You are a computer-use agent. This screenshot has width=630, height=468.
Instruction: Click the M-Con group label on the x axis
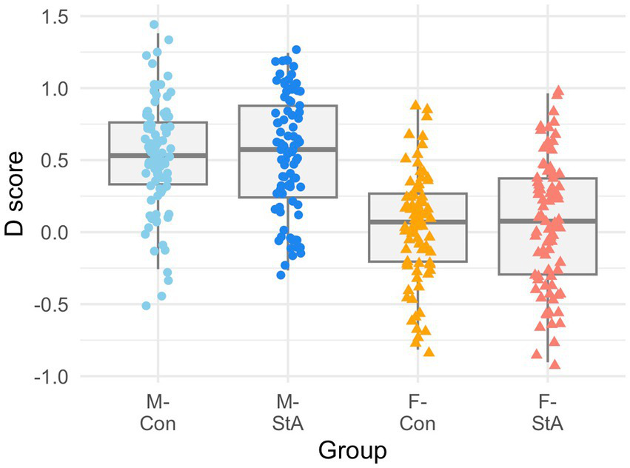pos(158,412)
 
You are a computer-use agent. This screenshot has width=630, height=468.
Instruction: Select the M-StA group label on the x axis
pos(288,412)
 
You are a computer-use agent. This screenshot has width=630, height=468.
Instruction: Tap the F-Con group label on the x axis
pos(418,412)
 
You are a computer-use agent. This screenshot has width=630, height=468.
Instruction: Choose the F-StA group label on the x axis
pos(548,412)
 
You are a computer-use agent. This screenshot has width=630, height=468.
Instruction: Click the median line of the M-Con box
pos(158,156)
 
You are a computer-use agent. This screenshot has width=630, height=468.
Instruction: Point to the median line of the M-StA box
pos(288,149)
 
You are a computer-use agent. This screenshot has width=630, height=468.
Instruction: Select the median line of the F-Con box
pos(418,221)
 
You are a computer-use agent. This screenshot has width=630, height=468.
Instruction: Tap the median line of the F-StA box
pos(548,221)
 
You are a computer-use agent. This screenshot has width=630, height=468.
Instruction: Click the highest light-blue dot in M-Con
pos(155,25)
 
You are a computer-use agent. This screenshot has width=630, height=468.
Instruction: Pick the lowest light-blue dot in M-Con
pos(147,306)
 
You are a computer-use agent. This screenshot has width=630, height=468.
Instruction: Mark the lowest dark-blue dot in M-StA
pos(281,275)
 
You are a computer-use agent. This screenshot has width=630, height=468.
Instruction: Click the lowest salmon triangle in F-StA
pos(554,364)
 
